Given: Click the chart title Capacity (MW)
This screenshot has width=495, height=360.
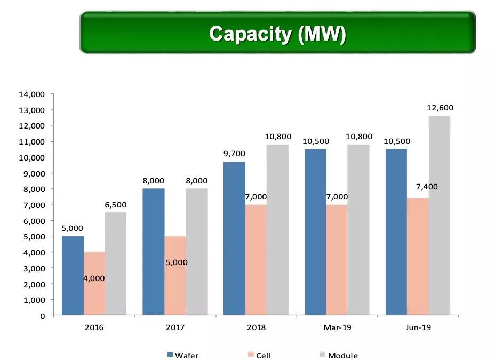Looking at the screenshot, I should click(277, 34).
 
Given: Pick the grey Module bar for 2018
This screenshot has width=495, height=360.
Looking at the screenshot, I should click(277, 229).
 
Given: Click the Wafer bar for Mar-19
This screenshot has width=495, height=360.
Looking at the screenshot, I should click(315, 232).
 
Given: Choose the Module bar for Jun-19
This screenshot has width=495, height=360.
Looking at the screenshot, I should click(440, 215).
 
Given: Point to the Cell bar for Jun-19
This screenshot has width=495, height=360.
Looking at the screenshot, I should click(418, 257).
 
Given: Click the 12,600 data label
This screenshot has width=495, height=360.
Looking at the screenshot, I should click(440, 108).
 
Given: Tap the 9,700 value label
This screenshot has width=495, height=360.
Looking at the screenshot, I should click(235, 154).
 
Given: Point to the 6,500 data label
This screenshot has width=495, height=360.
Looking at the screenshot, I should click(116, 204).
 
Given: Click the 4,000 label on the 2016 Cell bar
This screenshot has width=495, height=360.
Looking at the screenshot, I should click(94, 278).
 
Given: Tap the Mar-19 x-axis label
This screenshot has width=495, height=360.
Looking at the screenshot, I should click(337, 327).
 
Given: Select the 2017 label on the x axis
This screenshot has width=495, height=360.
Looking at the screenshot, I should click(175, 327).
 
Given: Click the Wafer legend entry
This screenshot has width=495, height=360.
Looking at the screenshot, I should click(182, 355).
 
